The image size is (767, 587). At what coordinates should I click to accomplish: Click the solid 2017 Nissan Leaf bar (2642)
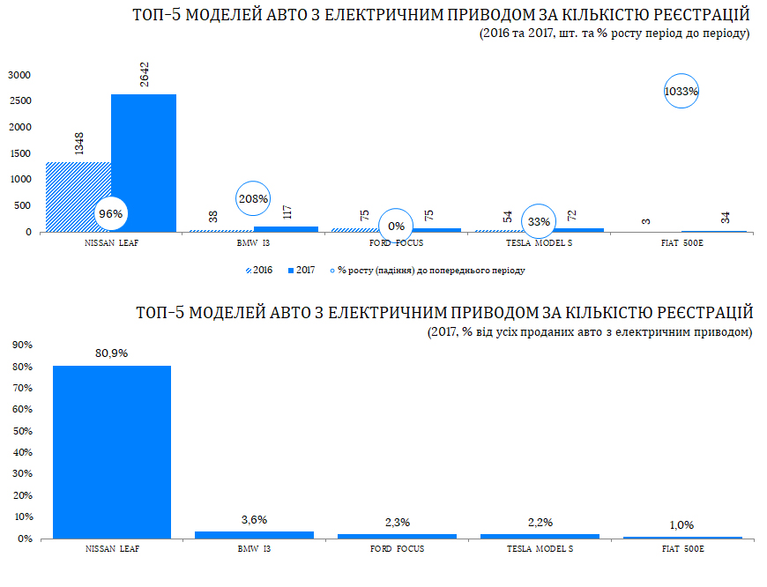pos(144,163)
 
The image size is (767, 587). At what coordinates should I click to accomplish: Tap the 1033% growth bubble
pos(681,91)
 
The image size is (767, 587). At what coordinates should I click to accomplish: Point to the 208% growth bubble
pos(253,199)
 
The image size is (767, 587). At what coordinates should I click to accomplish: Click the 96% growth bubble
pos(111,213)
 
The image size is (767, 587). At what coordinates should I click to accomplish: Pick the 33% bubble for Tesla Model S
pos(539,222)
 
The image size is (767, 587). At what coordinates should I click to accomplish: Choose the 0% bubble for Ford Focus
pos(396,227)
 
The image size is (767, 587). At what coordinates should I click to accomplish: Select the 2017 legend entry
pos(302,271)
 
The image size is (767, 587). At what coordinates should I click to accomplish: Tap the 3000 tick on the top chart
pos(20,75)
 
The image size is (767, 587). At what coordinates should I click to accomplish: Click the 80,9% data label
pos(112,353)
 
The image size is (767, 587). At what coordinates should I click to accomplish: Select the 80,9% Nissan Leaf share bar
pos(112,451)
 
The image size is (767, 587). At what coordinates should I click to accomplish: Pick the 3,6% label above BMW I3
pos(254,520)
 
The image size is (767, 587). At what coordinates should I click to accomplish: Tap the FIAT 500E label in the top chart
pos(681,241)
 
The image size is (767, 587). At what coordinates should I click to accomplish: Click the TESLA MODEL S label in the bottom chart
pos(540,548)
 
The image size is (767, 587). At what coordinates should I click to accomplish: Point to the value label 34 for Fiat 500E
pos(726,218)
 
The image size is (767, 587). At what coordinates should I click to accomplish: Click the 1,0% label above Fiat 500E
pos(682,525)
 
